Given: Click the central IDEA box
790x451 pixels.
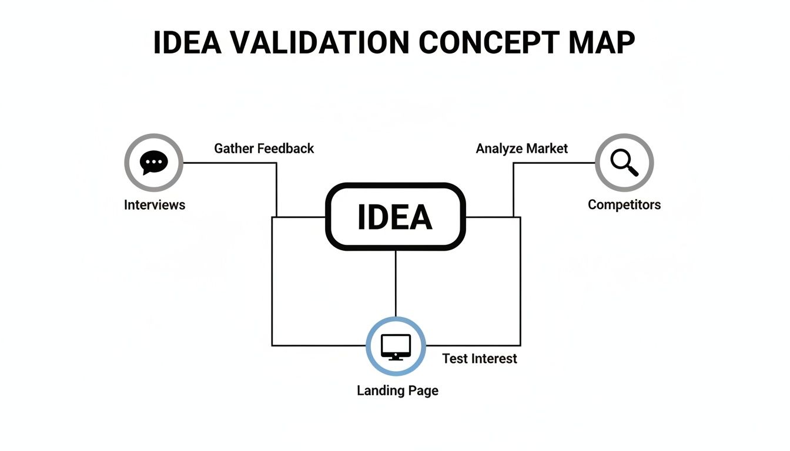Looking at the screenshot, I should pyautogui.click(x=395, y=217).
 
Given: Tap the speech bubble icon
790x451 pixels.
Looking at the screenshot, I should pyautogui.click(x=154, y=162).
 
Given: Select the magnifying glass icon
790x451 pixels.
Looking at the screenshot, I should pyautogui.click(x=624, y=162).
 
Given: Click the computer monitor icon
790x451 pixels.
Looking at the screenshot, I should pyautogui.click(x=396, y=346).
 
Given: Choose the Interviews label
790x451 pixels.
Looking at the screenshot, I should pyautogui.click(x=155, y=205).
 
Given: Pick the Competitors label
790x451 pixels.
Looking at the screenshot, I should pyautogui.click(x=624, y=205).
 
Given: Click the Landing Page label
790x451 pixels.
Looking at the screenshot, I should pyautogui.click(x=397, y=391).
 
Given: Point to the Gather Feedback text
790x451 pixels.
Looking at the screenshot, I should pyautogui.click(x=264, y=149).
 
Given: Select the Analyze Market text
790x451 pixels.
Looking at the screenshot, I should pyautogui.click(x=522, y=149).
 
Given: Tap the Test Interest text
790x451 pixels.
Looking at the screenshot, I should pyautogui.click(x=480, y=359).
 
